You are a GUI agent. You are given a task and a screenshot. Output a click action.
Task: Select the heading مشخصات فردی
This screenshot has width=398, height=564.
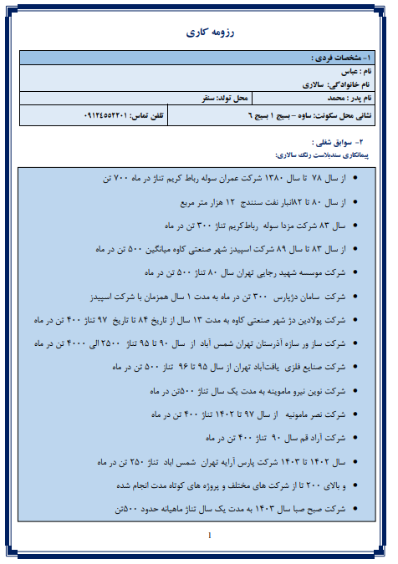[x=337, y=58]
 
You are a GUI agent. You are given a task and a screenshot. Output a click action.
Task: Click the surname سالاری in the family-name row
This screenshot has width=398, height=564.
[x=314, y=85]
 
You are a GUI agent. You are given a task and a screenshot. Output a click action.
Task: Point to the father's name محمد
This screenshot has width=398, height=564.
[x=327, y=99]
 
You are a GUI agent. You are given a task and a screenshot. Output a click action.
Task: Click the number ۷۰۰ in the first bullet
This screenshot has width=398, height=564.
[x=118, y=179]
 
